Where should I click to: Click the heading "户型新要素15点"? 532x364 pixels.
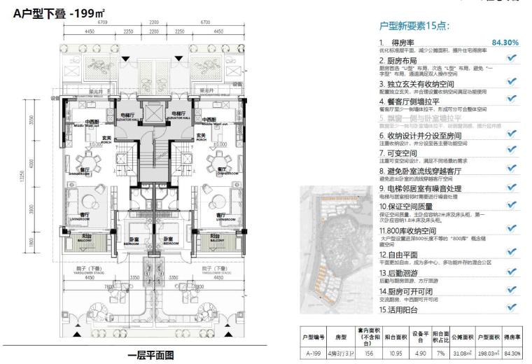[x=414, y=26]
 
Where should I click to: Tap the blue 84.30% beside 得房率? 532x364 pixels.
[x=505, y=43]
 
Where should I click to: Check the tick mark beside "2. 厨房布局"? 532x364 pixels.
[x=511, y=60]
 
